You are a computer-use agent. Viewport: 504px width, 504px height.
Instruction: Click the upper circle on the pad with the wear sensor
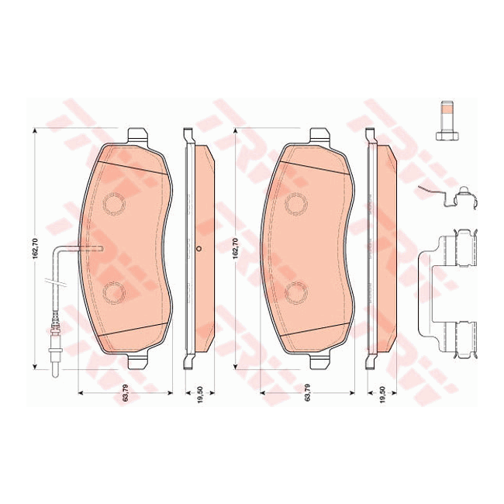tap(114, 203)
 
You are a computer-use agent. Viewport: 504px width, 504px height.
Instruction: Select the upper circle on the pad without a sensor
tap(296, 203)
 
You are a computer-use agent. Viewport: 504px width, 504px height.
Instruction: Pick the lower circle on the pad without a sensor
tap(296, 292)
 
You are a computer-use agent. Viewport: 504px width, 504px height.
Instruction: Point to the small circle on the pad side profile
tap(199, 249)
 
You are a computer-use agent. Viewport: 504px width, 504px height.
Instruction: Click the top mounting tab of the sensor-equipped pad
tap(138, 135)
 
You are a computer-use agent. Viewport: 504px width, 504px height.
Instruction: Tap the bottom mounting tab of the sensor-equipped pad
tap(138, 361)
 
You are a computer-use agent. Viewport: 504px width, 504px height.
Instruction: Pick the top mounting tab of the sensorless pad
tap(320, 135)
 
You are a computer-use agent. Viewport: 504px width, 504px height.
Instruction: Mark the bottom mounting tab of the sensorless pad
tap(320, 361)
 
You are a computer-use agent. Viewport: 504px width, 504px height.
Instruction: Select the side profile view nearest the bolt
tap(380, 248)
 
